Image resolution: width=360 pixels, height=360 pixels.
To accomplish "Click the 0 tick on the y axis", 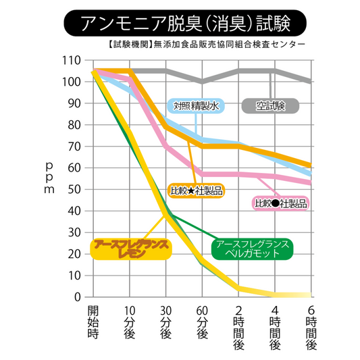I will point(78,297).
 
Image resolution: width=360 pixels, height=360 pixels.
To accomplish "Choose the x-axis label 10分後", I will point(129,322).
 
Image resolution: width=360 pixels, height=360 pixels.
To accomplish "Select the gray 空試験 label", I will point(271,106).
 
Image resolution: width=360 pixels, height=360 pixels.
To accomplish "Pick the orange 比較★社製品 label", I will point(196,190).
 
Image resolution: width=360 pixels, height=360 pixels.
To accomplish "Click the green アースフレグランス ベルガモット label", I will point(253,248).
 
